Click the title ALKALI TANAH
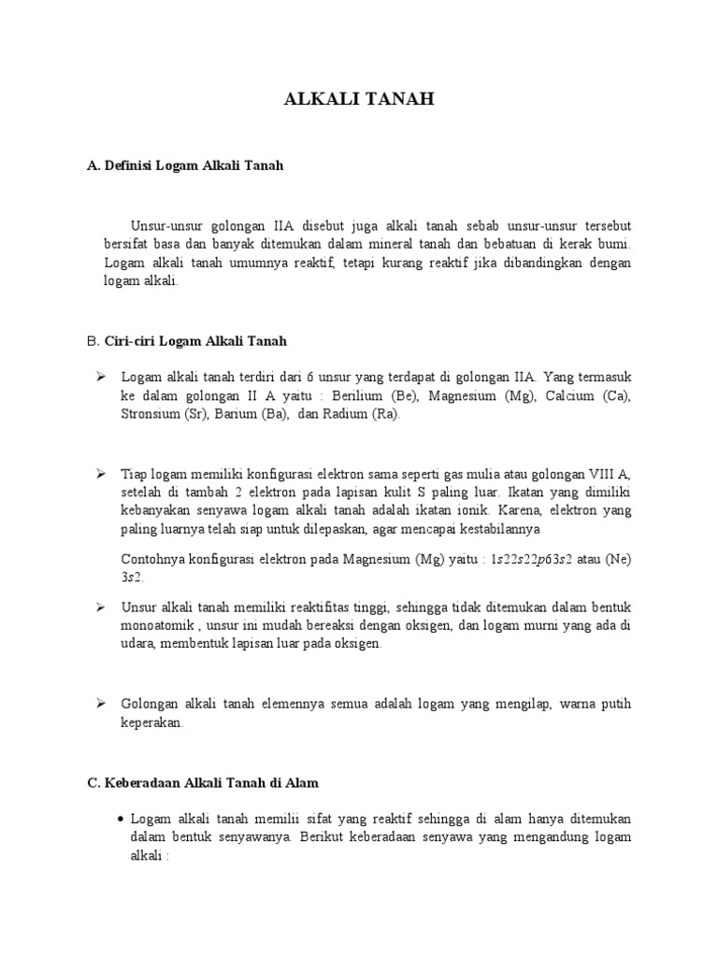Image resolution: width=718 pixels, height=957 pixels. coord(359,101)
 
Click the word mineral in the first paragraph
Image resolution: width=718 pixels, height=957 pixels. coord(362,244)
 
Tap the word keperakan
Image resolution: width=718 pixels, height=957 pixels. coord(151,723)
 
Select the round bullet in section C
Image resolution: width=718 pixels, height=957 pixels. coord(122,818)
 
